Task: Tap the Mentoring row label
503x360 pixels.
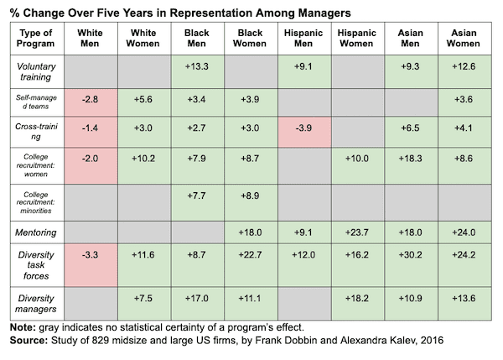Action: [34, 230]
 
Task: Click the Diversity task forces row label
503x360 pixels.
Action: [34, 261]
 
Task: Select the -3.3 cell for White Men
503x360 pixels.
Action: [90, 261]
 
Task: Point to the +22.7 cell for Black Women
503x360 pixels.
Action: [250, 261]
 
